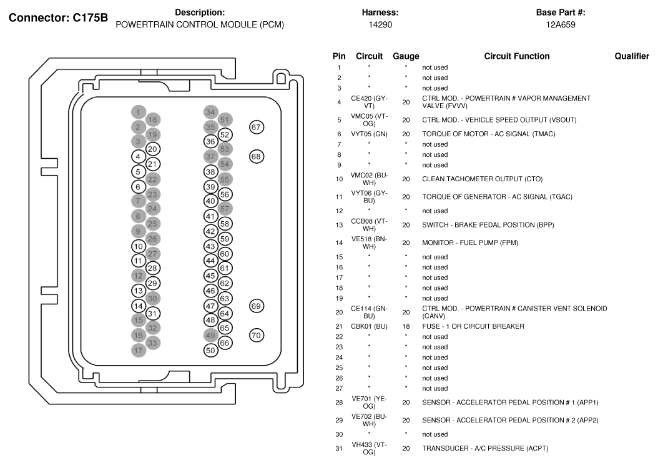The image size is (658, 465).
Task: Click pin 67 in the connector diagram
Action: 257,127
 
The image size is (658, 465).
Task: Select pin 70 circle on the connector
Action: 257,335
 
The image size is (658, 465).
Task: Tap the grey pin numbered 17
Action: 139,351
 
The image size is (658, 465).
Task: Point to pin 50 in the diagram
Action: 210,351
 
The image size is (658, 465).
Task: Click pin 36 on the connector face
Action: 210,141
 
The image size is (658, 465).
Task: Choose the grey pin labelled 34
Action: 210,112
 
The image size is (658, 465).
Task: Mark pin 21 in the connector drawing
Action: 152,164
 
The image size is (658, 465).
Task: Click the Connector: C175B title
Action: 58,17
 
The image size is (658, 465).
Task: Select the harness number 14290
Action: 380,25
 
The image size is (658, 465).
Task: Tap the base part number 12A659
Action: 561,25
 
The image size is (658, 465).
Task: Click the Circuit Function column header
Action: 516,56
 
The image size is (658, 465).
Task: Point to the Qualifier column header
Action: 632,56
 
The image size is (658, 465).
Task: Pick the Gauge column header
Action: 406,56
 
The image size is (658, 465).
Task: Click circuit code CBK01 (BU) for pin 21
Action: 370,326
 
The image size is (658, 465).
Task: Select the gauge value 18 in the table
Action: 406,326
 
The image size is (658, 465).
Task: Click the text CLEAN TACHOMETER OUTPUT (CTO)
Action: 482,179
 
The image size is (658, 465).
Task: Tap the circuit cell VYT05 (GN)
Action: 370,134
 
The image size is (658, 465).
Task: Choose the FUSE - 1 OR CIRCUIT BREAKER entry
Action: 473,326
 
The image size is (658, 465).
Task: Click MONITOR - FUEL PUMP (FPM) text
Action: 470,242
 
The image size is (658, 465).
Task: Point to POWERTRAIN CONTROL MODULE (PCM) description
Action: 200,25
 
